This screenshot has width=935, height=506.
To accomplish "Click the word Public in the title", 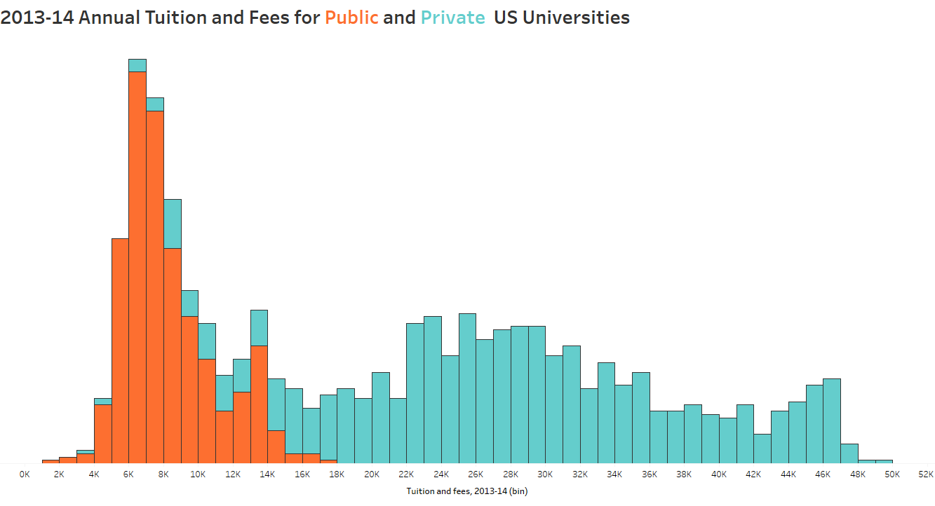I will point(351,18).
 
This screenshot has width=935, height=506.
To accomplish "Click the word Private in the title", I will point(452,18).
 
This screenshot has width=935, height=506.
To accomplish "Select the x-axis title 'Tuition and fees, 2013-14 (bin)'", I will point(466,491).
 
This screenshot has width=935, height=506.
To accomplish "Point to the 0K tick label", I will point(25,474).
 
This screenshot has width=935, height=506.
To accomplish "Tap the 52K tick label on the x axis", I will point(926,474).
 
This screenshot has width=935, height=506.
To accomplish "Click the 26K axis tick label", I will point(476,474).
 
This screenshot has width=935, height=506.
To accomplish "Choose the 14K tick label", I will point(267,474).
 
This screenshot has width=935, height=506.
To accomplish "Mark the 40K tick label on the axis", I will point(718,474).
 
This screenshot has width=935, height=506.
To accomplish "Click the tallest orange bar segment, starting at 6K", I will point(137,266).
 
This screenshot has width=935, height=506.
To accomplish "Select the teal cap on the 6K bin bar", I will point(137,65).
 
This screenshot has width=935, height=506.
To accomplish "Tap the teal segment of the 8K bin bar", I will point(173,224).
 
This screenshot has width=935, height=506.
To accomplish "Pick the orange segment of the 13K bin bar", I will point(259,404).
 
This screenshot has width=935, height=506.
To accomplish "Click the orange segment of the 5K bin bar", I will point(120,350).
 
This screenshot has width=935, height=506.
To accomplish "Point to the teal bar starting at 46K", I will point(832,420).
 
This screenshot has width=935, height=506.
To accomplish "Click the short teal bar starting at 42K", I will point(762,449).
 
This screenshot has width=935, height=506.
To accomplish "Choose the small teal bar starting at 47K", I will point(849,453).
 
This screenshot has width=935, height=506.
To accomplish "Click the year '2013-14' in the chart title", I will point(36,18).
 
